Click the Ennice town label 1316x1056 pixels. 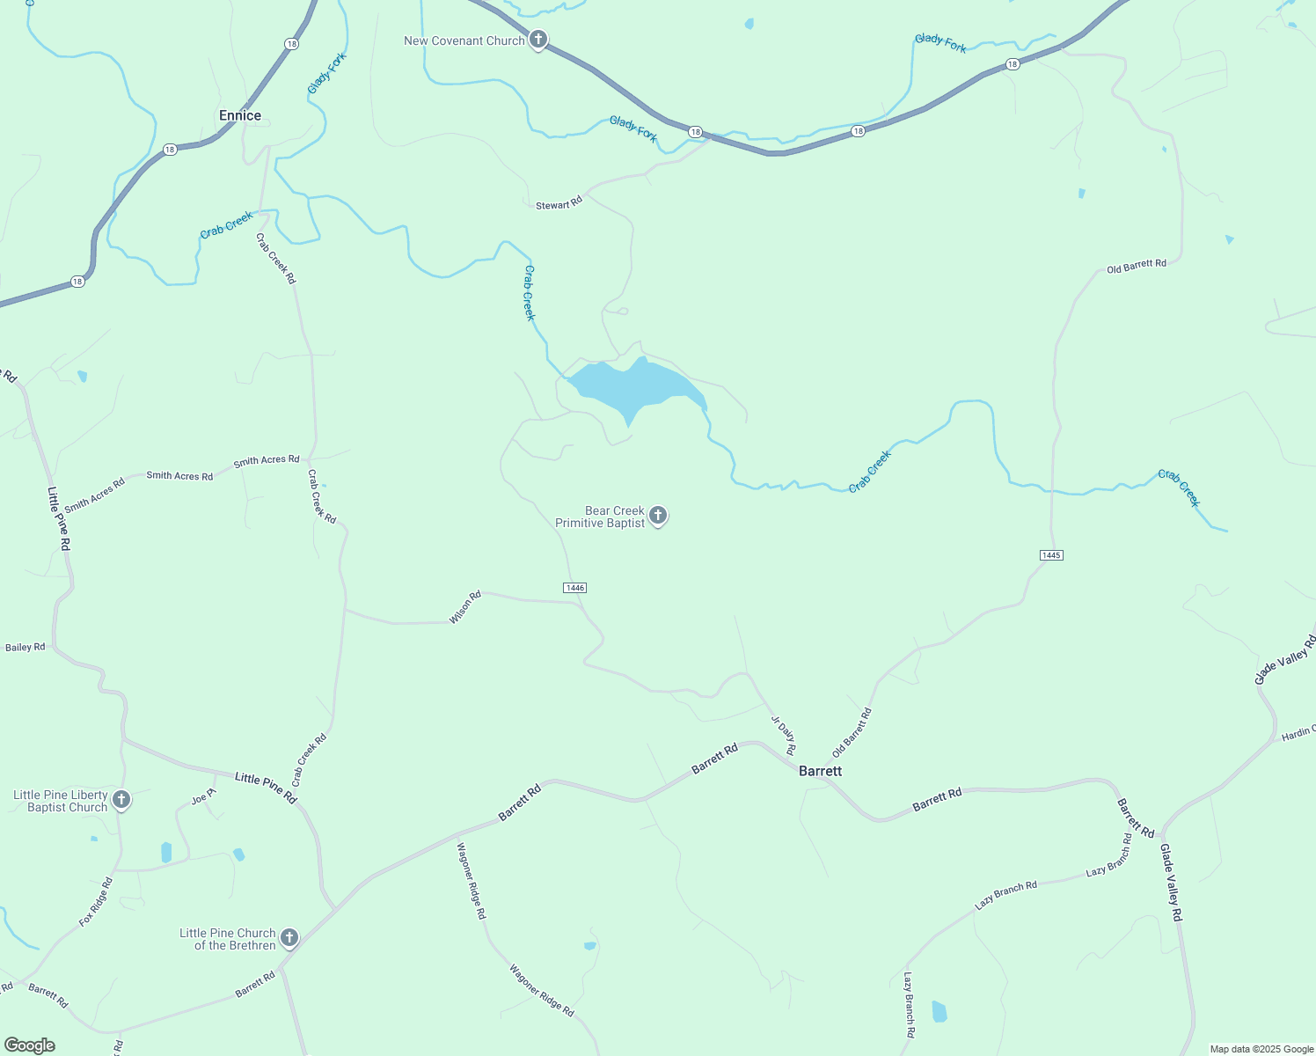point(240,115)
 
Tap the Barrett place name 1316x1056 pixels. point(820,771)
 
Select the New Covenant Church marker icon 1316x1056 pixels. point(538,40)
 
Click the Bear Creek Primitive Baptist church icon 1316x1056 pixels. point(657,516)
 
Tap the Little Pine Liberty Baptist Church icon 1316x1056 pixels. point(121,800)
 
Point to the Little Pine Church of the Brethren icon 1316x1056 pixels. point(289,938)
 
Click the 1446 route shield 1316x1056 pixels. point(574,588)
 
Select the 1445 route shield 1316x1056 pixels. point(1051,555)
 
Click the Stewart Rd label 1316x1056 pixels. point(559,204)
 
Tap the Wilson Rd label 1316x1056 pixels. point(465,607)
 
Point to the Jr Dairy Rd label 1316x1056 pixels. point(784,736)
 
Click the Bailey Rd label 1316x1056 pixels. point(26,648)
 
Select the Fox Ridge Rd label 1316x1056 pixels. point(96,902)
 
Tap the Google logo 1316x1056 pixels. point(29,1045)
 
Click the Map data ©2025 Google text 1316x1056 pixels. point(1261,1049)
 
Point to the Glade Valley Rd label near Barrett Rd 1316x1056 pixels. point(1171,883)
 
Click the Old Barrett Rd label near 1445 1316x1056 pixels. point(1136,266)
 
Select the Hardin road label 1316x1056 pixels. point(1298,733)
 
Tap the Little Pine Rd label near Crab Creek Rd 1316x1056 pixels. point(266,787)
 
